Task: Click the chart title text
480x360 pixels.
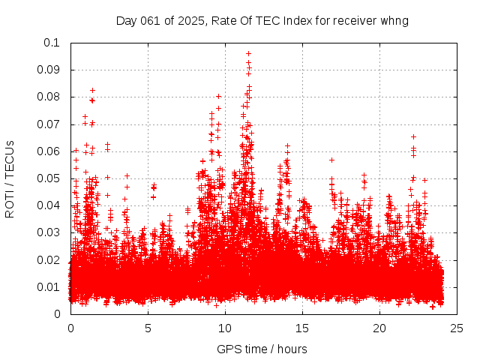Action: click(262, 20)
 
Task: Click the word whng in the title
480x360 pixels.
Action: click(394, 20)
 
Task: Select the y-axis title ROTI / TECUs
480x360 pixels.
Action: click(10, 178)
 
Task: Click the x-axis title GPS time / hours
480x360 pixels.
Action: click(262, 349)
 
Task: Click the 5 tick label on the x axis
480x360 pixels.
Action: click(148, 328)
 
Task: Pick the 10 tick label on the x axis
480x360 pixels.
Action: click(225, 328)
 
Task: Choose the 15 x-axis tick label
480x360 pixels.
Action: click(302, 328)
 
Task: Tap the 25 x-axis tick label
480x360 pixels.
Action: click(457, 328)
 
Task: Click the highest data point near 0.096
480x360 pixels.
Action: click(248, 54)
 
